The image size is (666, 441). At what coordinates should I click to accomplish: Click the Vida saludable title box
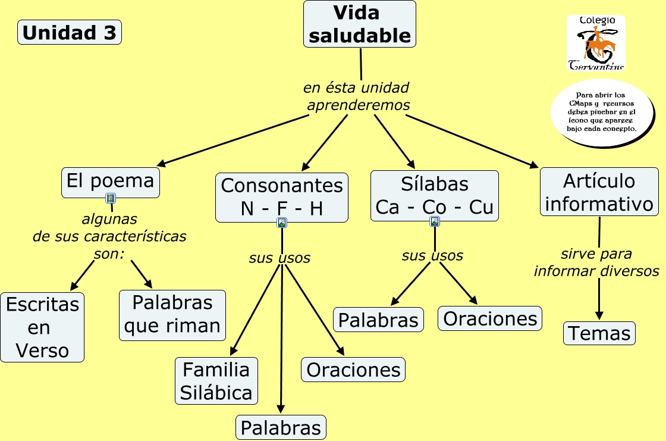pyautogui.click(x=359, y=24)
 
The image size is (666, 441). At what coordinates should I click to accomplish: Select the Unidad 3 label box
pyautogui.click(x=69, y=32)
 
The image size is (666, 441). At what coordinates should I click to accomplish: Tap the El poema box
pyautogui.click(x=111, y=183)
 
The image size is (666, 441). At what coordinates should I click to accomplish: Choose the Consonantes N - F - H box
pyautogui.click(x=282, y=198)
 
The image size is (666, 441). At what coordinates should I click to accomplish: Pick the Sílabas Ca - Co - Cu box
pyautogui.click(x=435, y=196)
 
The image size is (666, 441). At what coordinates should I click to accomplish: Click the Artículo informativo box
pyautogui.click(x=599, y=192)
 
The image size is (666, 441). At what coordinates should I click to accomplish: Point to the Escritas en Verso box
pyautogui.click(x=42, y=327)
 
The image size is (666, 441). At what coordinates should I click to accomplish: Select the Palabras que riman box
pyautogui.click(x=172, y=315)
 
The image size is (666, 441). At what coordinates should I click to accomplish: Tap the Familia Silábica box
pyautogui.click(x=216, y=381)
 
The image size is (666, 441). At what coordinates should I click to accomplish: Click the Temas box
pyautogui.click(x=599, y=333)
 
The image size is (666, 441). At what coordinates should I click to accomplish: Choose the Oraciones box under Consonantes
pyautogui.click(x=353, y=370)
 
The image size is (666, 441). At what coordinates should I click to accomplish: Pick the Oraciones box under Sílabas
pyautogui.click(x=490, y=318)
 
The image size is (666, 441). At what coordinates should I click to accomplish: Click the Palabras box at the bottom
pyautogui.click(x=281, y=427)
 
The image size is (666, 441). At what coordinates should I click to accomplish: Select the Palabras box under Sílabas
pyautogui.click(x=378, y=320)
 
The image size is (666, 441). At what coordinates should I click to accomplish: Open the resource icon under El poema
pyautogui.click(x=111, y=198)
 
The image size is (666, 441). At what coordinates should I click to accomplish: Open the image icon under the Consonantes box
pyautogui.click(x=282, y=223)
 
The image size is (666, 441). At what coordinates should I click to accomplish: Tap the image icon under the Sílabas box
pyautogui.click(x=435, y=221)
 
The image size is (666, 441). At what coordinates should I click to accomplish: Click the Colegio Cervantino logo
pyautogui.click(x=596, y=42)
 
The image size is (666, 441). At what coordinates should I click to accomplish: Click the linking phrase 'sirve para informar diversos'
pyautogui.click(x=597, y=262)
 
